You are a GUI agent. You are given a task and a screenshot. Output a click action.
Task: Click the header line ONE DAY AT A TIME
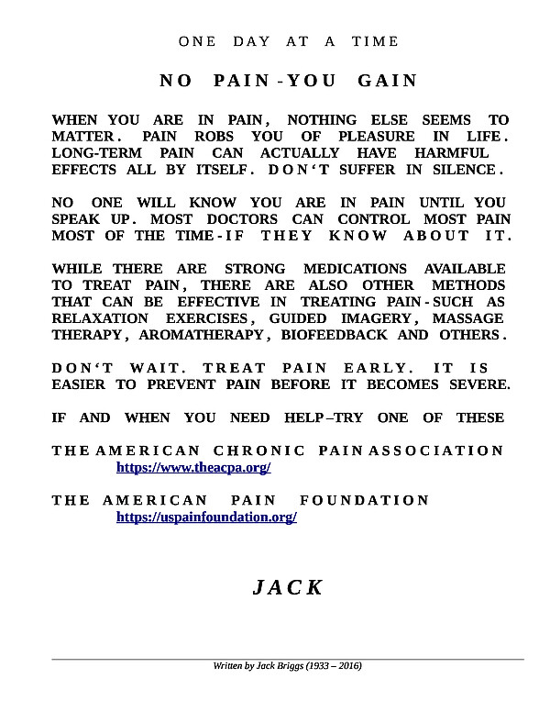[x=289, y=41]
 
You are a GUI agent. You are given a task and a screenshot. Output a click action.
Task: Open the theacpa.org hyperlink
[x=193, y=468]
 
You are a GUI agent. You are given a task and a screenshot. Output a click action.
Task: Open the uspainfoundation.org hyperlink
[x=206, y=517]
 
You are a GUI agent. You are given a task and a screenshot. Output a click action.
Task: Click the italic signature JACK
[x=288, y=588]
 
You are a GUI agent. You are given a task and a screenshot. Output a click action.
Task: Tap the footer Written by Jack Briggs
[x=287, y=665]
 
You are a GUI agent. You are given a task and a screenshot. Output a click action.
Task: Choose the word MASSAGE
[x=467, y=318]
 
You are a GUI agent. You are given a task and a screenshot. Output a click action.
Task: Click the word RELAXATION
[x=97, y=318]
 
